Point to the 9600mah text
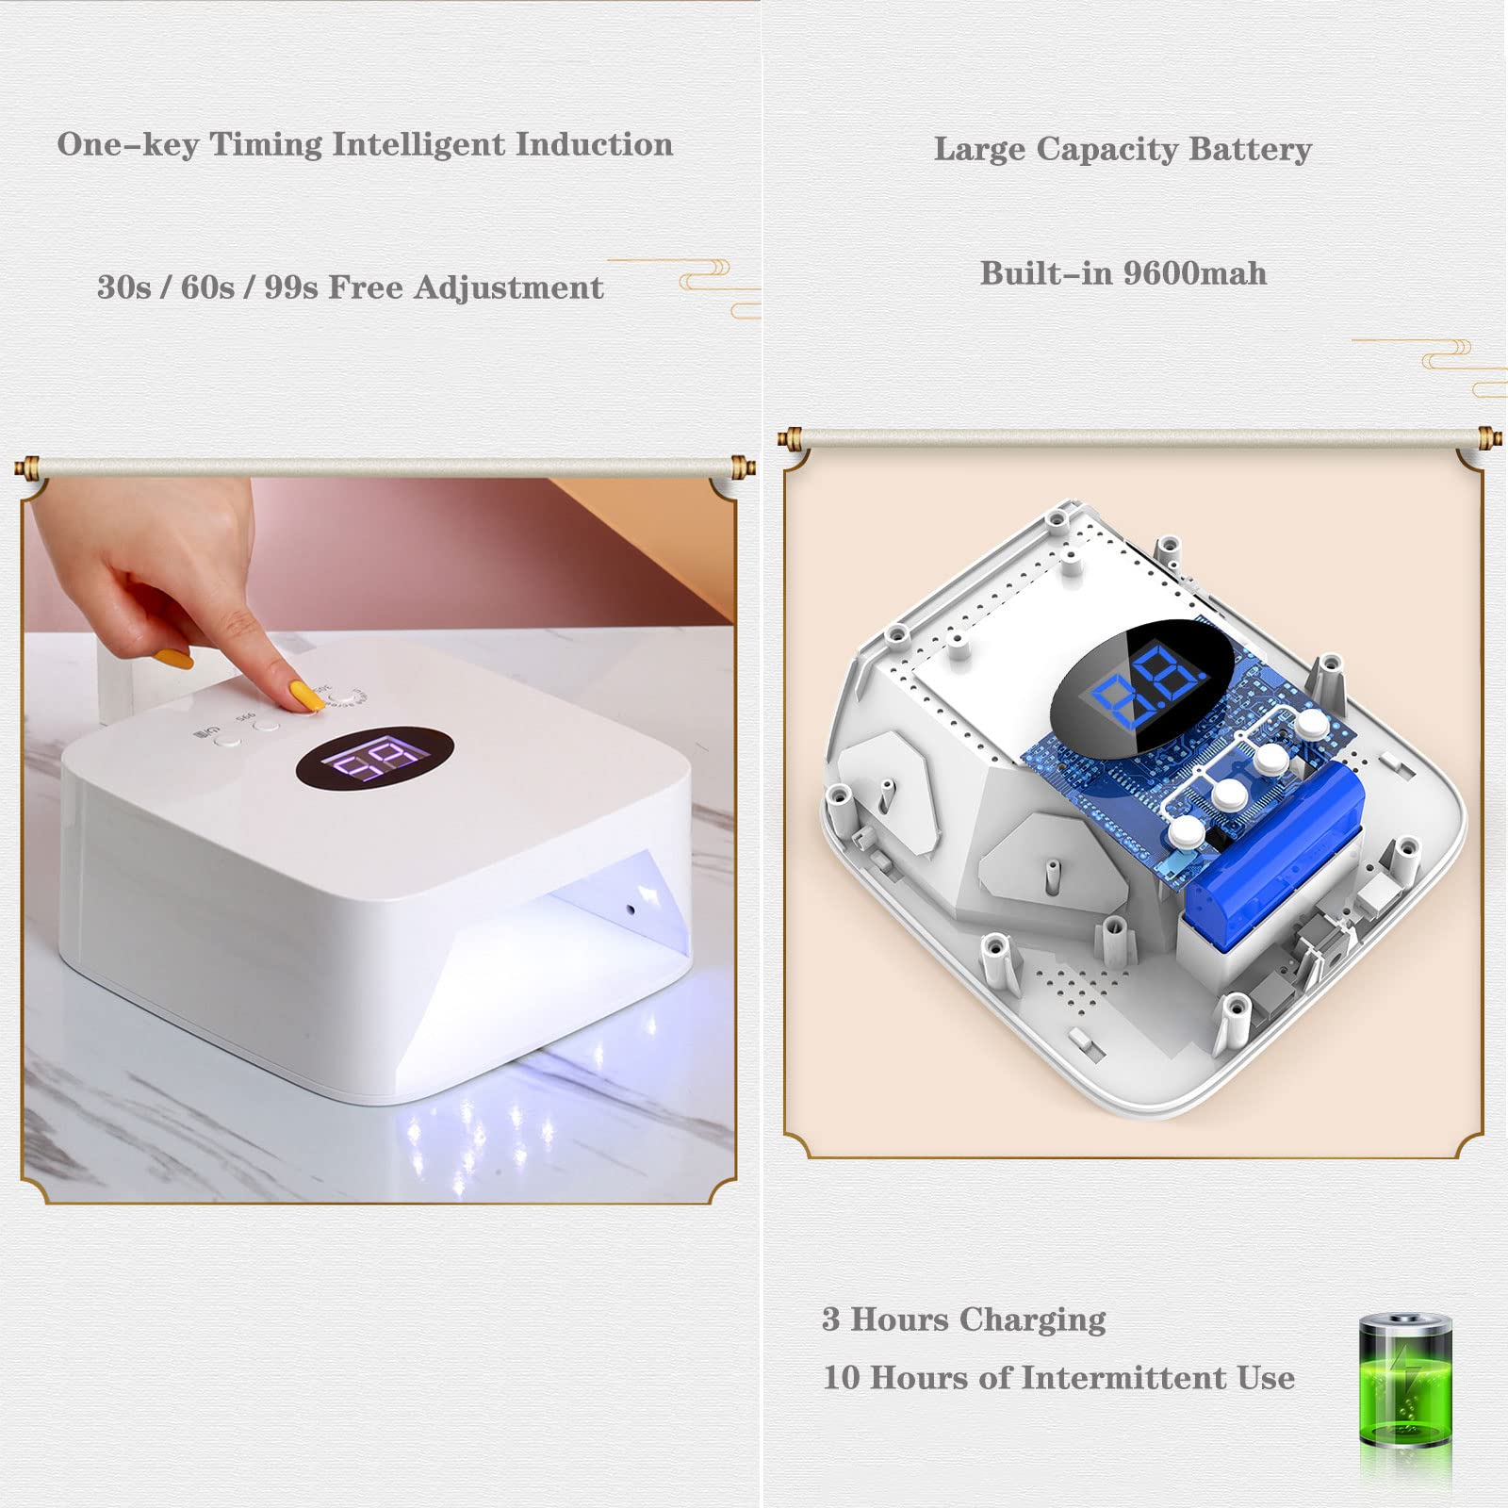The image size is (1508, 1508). (1195, 273)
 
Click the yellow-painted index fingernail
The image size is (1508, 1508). (305, 697)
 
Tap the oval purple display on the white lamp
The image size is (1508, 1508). (374, 759)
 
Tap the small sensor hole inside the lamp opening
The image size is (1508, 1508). (631, 910)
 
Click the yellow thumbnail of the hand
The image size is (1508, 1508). (174, 658)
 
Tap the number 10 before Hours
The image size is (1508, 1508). (842, 1378)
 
